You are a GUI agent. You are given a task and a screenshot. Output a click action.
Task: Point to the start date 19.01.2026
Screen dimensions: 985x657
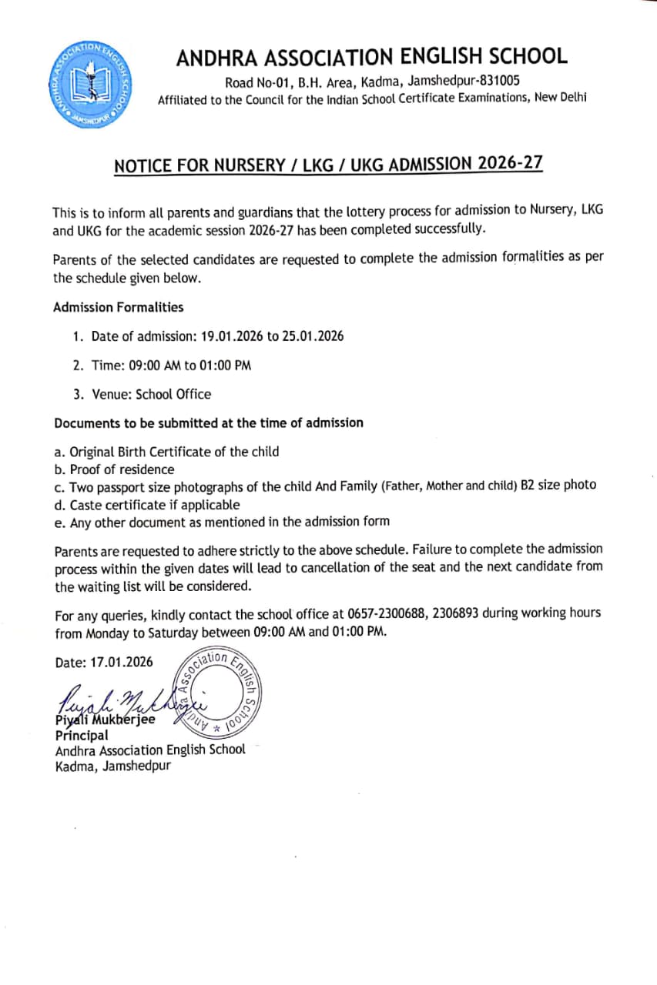coord(233,336)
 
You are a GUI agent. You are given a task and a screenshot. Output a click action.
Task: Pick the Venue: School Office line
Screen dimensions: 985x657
coord(142,394)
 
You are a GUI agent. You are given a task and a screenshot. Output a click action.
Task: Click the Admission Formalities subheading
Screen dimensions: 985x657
coord(119,307)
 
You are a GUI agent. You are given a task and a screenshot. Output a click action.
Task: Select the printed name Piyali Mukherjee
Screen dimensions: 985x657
coord(105,720)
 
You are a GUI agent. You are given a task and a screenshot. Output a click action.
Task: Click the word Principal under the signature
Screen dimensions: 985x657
coord(82,735)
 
